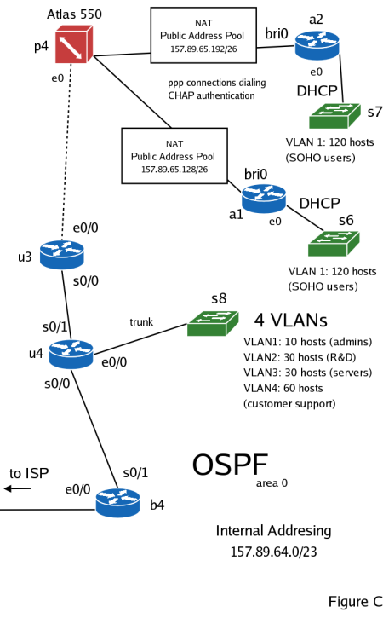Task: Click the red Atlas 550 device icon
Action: (x=72, y=45)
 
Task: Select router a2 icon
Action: (x=317, y=46)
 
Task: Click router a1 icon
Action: (x=264, y=197)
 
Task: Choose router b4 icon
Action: (x=117, y=501)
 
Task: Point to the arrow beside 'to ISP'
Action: (x=18, y=488)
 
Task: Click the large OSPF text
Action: (x=230, y=465)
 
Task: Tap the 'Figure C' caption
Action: (x=355, y=602)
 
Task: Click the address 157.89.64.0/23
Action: (x=273, y=552)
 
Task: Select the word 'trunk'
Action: (x=141, y=321)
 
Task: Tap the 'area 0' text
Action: (x=272, y=482)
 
